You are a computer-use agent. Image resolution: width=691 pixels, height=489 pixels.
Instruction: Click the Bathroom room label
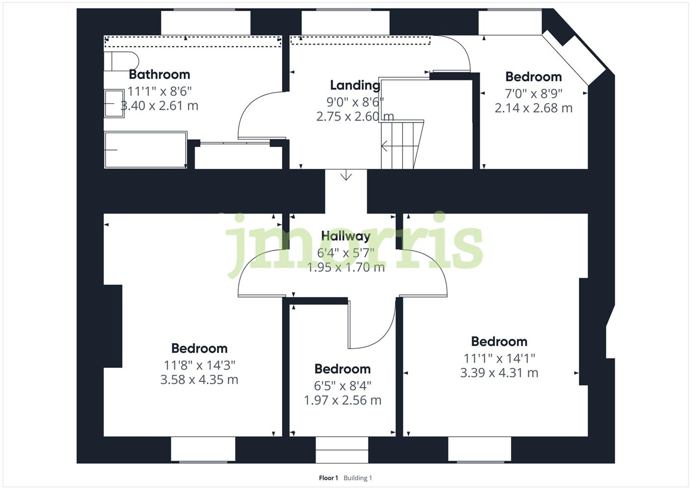[x=159, y=75]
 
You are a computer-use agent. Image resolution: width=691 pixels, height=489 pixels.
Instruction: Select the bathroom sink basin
[x=114, y=103]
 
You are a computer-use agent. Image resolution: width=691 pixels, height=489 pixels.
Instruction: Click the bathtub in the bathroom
[x=145, y=150]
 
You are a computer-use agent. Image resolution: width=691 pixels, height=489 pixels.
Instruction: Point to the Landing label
[x=355, y=85]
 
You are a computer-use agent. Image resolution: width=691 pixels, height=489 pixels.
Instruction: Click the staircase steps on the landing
[x=401, y=145]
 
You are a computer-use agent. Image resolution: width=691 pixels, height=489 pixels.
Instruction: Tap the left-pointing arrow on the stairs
[x=384, y=146]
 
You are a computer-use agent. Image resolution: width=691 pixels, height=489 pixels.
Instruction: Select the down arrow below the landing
[x=346, y=176]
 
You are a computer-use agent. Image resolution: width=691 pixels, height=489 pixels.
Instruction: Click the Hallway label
[x=345, y=236]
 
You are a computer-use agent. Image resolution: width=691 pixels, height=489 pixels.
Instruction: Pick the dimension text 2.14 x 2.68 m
[x=533, y=108]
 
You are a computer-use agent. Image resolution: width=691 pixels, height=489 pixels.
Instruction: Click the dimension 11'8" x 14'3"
[x=199, y=365]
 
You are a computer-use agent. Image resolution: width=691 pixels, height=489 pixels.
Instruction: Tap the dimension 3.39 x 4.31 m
[x=499, y=373]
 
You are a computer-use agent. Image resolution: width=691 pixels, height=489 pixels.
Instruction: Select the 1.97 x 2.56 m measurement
[x=342, y=400]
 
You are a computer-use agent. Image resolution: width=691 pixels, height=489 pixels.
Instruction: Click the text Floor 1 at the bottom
[x=328, y=478]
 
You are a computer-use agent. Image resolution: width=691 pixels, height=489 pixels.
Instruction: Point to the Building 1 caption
[x=358, y=478]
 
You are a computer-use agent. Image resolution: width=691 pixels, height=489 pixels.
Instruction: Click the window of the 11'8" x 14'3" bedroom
[x=203, y=449]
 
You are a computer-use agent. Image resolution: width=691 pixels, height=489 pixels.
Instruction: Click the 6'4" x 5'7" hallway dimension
[x=345, y=253]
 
